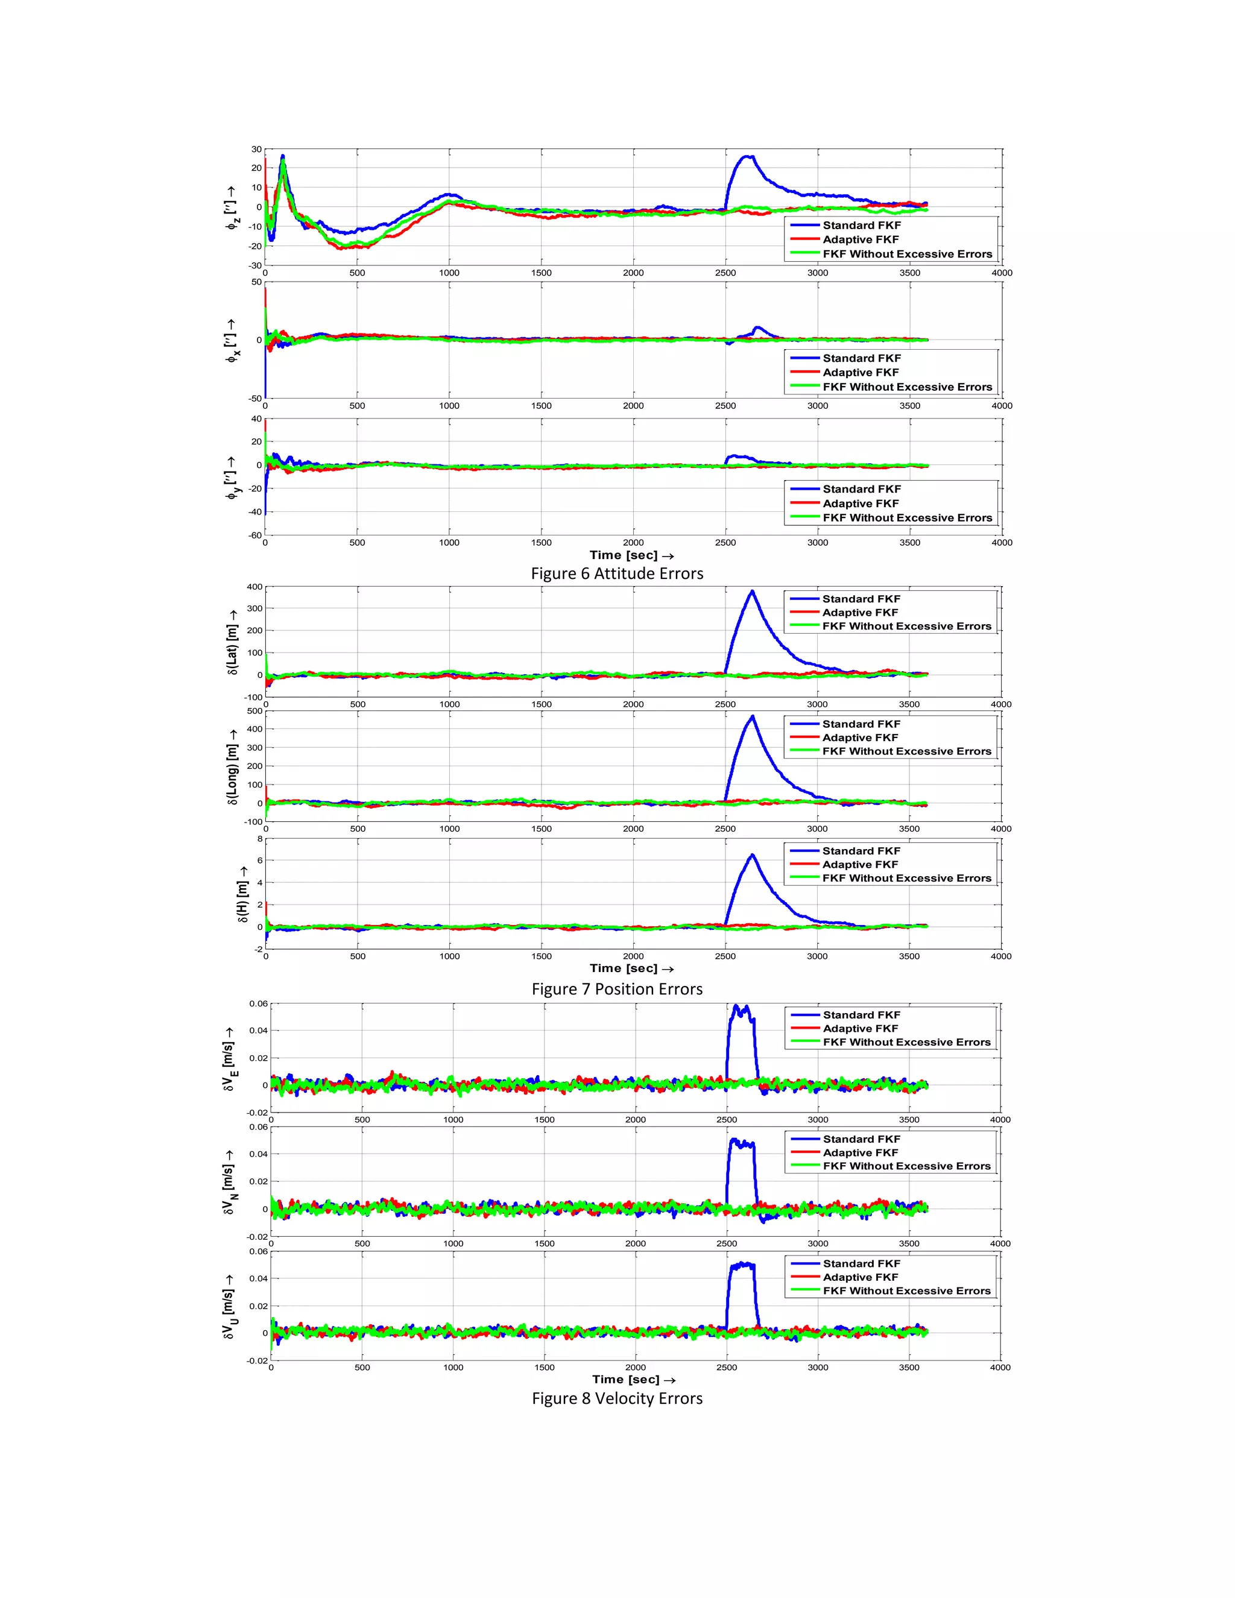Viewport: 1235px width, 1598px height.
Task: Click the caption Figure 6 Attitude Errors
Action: pyautogui.click(x=617, y=573)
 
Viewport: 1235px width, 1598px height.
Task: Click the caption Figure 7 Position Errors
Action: pyautogui.click(x=617, y=989)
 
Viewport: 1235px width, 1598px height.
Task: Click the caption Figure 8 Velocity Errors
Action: pyautogui.click(x=617, y=1398)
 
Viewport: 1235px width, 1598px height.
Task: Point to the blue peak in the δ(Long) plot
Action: pyautogui.click(x=753, y=717)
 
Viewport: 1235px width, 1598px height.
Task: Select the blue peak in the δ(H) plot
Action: pyautogui.click(x=751, y=855)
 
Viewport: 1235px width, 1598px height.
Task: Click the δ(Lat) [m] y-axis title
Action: pyautogui.click(x=233, y=642)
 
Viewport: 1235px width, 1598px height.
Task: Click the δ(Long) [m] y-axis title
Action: pyautogui.click(x=233, y=765)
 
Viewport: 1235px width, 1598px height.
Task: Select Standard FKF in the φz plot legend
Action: pyautogui.click(x=861, y=226)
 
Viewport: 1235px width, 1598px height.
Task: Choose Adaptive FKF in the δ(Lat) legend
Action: pyautogui.click(x=860, y=613)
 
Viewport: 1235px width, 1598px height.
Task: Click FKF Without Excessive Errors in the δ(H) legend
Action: pyautogui.click(x=906, y=878)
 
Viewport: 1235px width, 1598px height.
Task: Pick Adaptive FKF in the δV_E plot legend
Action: pyautogui.click(x=860, y=1028)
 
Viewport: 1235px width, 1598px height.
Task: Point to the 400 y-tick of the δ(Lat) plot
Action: pyautogui.click(x=254, y=587)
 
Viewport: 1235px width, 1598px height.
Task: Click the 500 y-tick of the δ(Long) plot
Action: pyautogui.click(x=254, y=710)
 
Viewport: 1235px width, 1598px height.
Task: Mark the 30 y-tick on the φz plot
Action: pyautogui.click(x=256, y=150)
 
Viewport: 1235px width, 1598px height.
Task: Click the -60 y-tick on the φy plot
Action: pyautogui.click(x=254, y=535)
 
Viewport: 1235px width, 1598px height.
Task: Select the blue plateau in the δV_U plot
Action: pyautogui.click(x=742, y=1265)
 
